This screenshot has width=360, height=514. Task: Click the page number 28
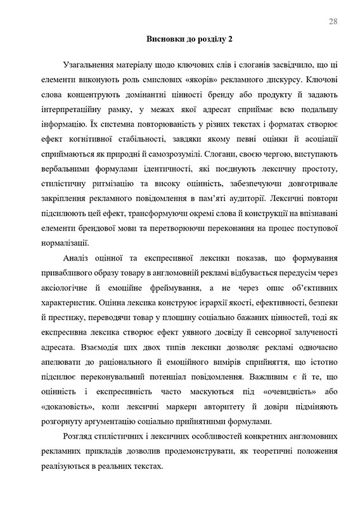[x=333, y=22]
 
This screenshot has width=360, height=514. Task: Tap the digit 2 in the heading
[x=231, y=39]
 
